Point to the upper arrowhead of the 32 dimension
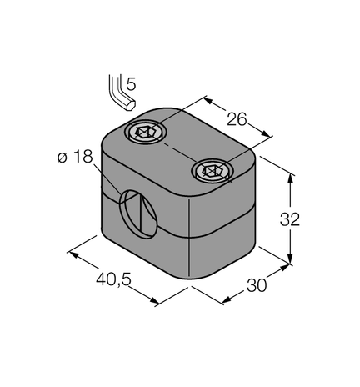[x=292, y=175]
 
